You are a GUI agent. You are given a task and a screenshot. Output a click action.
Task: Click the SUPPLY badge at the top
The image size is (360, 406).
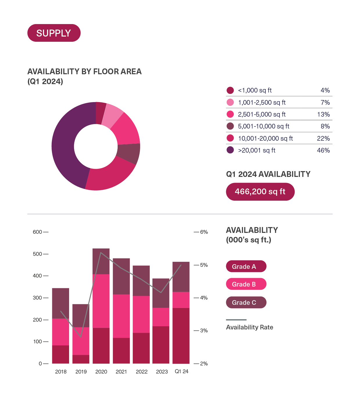coord(54,33)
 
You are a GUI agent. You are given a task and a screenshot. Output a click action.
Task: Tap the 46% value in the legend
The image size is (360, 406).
coord(323,150)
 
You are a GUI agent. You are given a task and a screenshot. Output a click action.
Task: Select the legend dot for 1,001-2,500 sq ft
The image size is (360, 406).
coord(230,102)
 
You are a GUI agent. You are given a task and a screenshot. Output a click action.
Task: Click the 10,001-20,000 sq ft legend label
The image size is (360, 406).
coord(265,138)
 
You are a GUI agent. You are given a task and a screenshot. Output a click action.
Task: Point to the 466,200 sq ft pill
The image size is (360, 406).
coord(260,192)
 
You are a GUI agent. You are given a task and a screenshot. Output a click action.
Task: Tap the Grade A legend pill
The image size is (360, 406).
coord(246,267)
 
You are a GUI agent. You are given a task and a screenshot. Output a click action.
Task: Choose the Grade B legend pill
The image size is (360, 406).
coord(246,284)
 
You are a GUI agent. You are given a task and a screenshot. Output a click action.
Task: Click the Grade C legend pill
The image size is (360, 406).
coord(246,302)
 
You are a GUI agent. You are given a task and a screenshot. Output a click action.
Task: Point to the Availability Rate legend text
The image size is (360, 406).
coord(249,327)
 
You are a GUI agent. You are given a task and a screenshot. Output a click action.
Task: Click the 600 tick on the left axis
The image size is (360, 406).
coord(37,232)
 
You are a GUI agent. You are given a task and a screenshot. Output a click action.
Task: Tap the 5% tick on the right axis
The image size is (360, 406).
coord(204,265)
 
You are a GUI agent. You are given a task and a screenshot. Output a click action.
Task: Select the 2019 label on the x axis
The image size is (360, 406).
coord(81,371)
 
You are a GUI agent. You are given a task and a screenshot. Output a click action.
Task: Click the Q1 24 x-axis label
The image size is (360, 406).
coord(181,371)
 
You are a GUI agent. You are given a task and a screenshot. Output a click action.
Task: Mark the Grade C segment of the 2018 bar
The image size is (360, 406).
coord(61,303)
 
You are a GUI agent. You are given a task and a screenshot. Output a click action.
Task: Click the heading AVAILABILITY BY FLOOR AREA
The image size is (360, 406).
coord(84,72)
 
